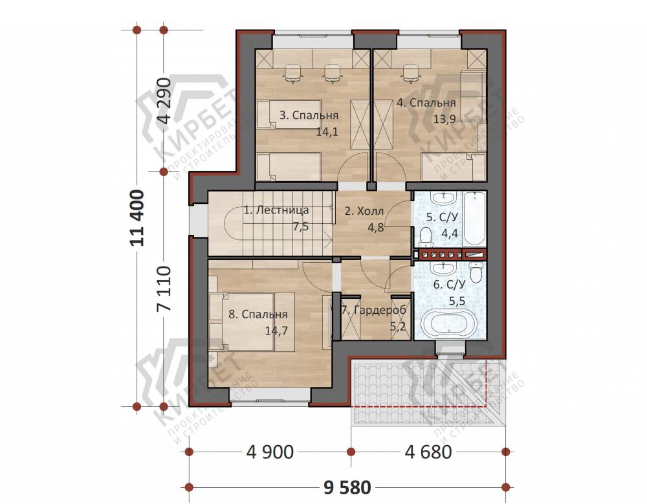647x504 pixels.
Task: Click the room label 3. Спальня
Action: tap(309, 115)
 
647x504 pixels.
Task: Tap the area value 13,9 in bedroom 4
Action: tap(444, 119)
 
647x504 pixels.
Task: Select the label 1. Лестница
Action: tap(276, 210)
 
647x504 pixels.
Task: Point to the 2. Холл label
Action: tap(364, 212)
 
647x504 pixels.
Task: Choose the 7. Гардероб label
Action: tap(374, 310)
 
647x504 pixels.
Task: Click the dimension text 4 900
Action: tap(270, 452)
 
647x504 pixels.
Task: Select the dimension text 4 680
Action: tap(428, 452)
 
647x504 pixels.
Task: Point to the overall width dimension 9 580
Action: tap(347, 488)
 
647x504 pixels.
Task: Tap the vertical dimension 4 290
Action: tap(164, 101)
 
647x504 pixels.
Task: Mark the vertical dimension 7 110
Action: tap(164, 289)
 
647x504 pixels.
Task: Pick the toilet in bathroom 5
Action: tap(425, 237)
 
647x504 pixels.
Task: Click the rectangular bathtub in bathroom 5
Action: tap(475, 219)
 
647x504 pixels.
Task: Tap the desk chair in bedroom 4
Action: tap(410, 73)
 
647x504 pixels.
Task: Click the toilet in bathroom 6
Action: tap(476, 272)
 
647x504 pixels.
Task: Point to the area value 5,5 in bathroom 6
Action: tap(457, 301)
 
